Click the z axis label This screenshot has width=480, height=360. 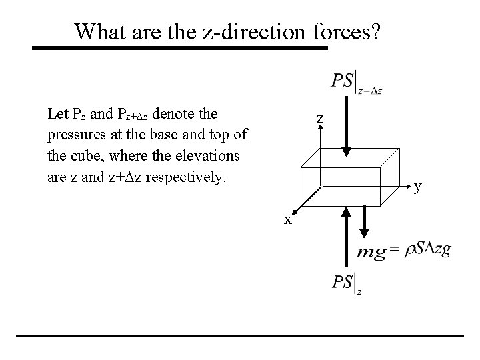(x=320, y=119)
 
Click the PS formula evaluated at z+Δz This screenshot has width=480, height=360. (x=356, y=83)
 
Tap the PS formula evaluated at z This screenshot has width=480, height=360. (x=347, y=283)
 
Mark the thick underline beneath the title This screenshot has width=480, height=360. (x=180, y=48)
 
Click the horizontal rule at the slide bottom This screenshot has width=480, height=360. (x=239, y=335)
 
